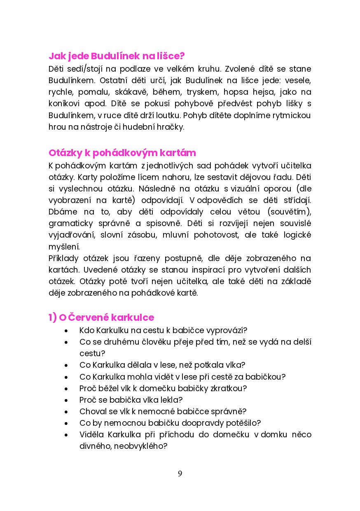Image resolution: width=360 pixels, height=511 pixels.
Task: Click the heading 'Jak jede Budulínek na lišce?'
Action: (117, 56)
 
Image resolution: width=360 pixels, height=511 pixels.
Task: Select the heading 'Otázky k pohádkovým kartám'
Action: (122, 153)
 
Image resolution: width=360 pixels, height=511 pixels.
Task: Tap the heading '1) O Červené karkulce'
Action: (101, 317)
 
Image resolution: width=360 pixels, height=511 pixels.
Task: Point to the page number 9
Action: (180, 474)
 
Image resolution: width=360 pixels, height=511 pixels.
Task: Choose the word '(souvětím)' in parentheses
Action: (290, 212)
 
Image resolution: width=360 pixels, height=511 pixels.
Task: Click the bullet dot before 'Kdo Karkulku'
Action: (66, 331)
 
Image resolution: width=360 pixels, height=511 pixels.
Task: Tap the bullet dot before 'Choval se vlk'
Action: (66, 412)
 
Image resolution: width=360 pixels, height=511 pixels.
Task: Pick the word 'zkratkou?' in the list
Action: (230, 388)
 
